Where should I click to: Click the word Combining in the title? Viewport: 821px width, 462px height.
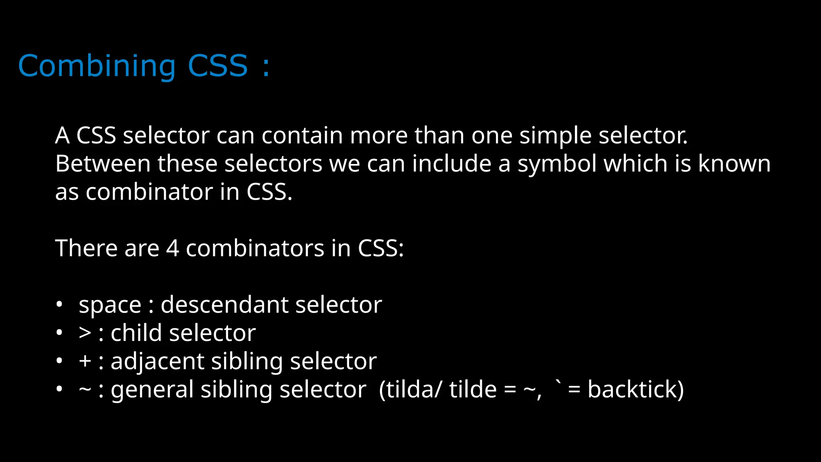tap(97, 66)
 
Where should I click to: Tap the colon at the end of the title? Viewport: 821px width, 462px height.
tap(265, 67)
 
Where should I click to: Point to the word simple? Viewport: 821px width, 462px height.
tap(555, 136)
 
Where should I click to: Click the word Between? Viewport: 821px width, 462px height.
tap(103, 164)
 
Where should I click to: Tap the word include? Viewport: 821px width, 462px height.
tap(451, 164)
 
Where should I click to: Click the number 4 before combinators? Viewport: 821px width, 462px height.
tap(172, 248)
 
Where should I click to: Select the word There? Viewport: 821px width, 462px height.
tap(86, 248)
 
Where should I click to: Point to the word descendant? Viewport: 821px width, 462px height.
tap(224, 305)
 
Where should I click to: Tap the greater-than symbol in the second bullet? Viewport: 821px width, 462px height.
tap(85, 333)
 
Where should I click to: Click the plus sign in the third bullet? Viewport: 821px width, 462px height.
tap(85, 361)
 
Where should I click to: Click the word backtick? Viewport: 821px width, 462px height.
tap(635, 389)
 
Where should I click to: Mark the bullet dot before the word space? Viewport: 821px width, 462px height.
tap(59, 305)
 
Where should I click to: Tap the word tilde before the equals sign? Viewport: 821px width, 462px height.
tap(473, 389)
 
